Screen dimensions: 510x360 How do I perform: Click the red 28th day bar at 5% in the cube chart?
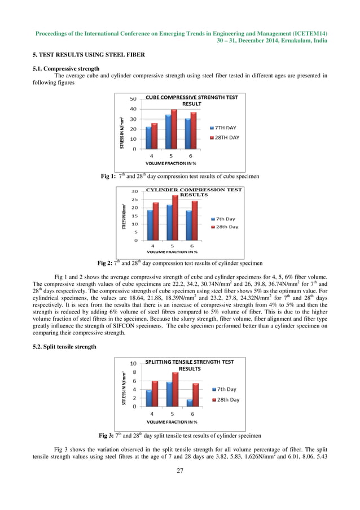(174, 129)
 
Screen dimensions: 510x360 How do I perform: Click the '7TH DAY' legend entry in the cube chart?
(226, 128)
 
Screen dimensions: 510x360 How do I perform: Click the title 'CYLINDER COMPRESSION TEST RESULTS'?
(194, 191)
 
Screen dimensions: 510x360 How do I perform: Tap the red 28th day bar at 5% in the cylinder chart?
(175, 217)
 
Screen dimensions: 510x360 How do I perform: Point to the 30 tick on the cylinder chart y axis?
(134, 191)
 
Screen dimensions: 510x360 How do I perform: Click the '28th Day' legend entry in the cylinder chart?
(226, 226)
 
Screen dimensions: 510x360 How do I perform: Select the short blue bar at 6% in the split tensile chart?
(190, 403)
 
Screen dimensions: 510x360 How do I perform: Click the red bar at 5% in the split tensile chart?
(175, 389)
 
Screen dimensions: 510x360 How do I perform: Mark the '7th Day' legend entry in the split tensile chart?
(226, 389)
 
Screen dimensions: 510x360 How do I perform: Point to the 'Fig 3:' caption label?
(107, 435)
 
